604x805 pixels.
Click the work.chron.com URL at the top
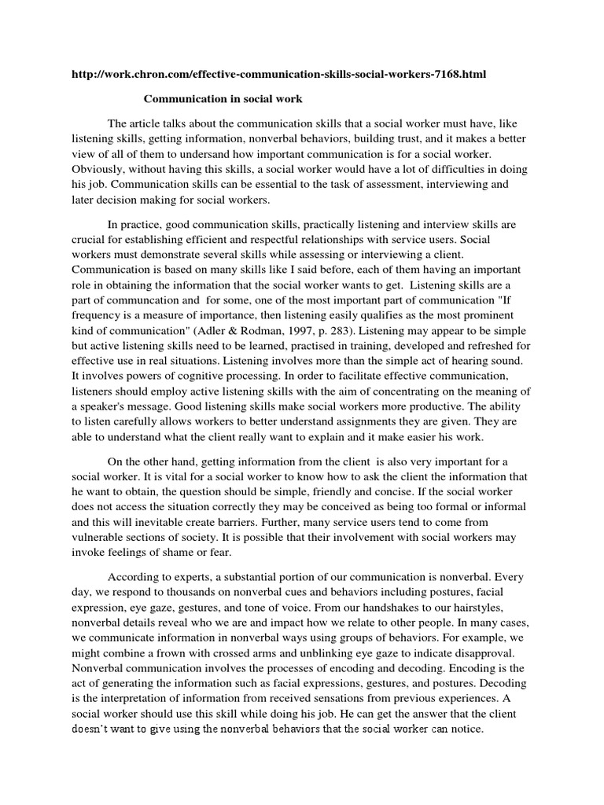pyautogui.click(x=278, y=75)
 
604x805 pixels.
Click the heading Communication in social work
pyautogui.click(x=211, y=99)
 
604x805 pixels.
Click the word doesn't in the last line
pyautogui.click(x=92, y=728)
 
